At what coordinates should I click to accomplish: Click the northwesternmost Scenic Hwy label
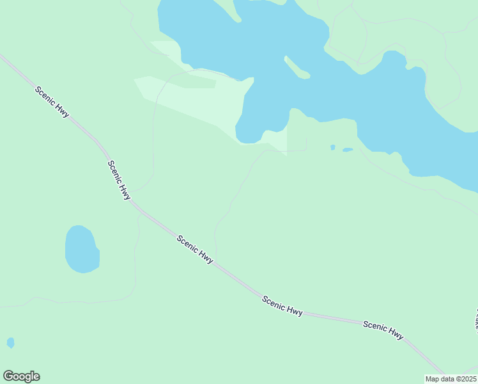click(x=52, y=102)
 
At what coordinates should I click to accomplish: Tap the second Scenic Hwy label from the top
click(x=119, y=180)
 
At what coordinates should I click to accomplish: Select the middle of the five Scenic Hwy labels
click(x=195, y=250)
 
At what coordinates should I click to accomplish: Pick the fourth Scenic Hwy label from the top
click(x=282, y=305)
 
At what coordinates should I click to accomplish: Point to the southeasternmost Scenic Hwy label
click(x=383, y=330)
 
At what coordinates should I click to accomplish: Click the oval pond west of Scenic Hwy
click(x=81, y=250)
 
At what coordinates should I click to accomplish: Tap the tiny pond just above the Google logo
click(x=10, y=342)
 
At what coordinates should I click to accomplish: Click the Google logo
click(x=21, y=376)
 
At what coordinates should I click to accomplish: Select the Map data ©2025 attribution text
click(x=450, y=379)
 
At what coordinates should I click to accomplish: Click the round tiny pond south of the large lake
click(x=332, y=147)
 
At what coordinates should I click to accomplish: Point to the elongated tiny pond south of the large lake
click(x=348, y=150)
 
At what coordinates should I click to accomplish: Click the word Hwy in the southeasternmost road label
click(x=396, y=333)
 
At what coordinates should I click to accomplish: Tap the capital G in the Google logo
click(x=8, y=376)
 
